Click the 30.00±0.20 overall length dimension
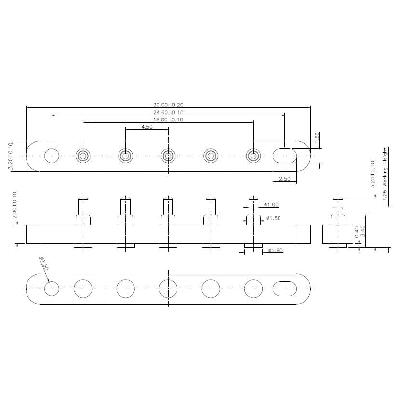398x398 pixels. [169, 105]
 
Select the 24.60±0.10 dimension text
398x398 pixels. [169, 112]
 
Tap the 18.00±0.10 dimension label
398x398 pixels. [169, 119]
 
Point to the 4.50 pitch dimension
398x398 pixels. [147, 127]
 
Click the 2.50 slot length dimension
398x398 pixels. [285, 179]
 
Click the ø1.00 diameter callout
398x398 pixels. [271, 205]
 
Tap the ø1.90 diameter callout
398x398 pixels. [275, 250]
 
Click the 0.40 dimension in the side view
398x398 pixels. [356, 232]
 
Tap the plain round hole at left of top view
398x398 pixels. [52, 156]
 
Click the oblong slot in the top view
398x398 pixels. [285, 156]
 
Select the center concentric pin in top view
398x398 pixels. [168, 156]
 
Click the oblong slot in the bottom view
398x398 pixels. [284, 288]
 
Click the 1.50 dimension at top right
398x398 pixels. [317, 137]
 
